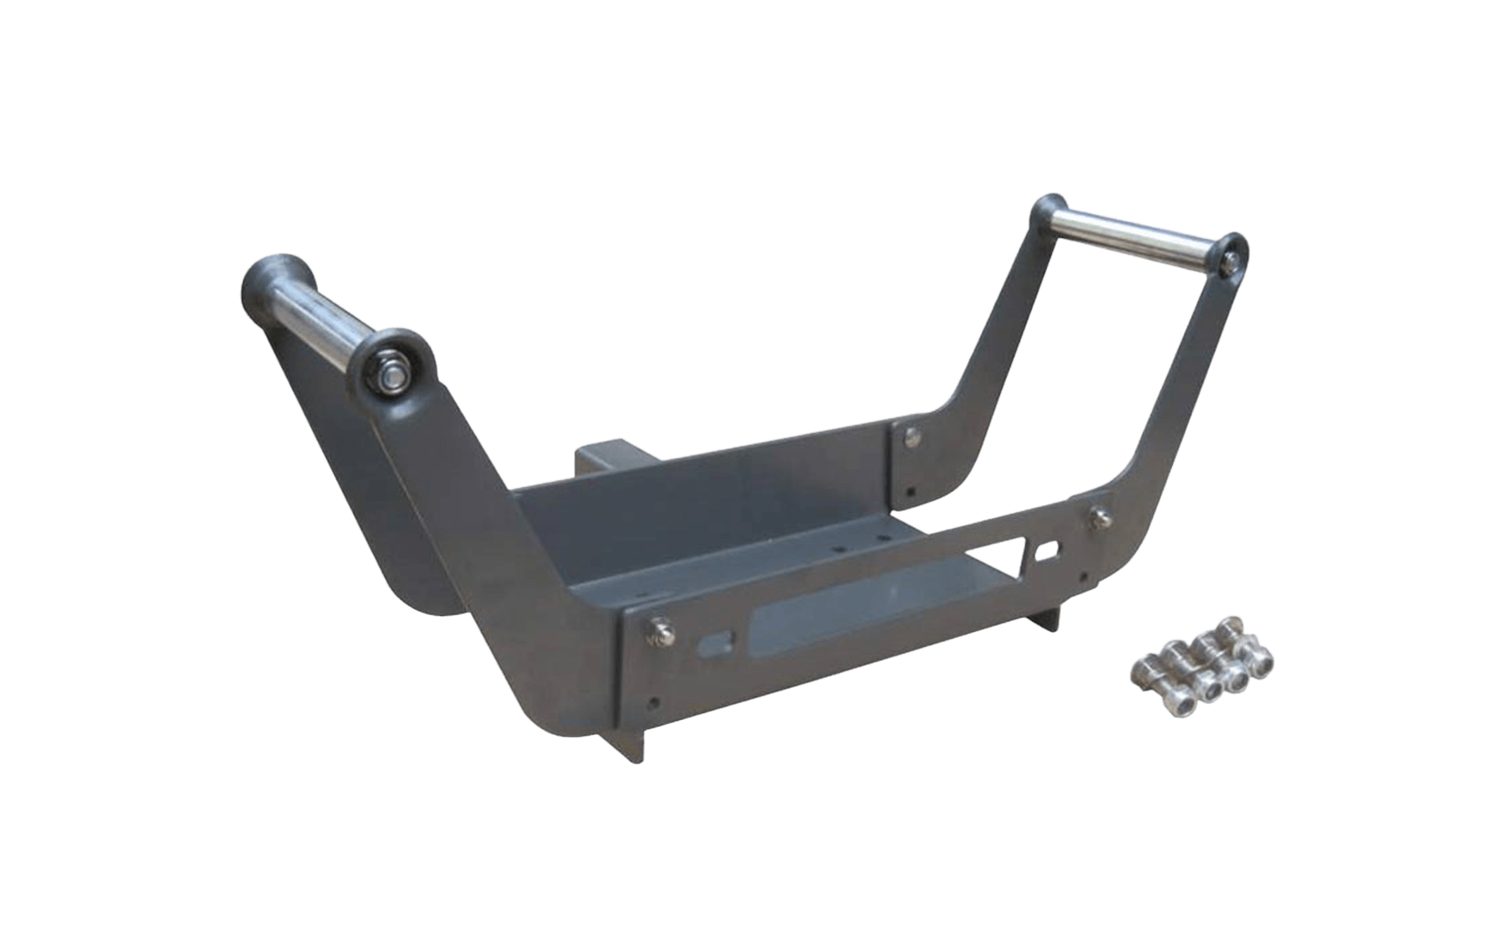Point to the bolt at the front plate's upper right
pyautogui.click(x=1100, y=517)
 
